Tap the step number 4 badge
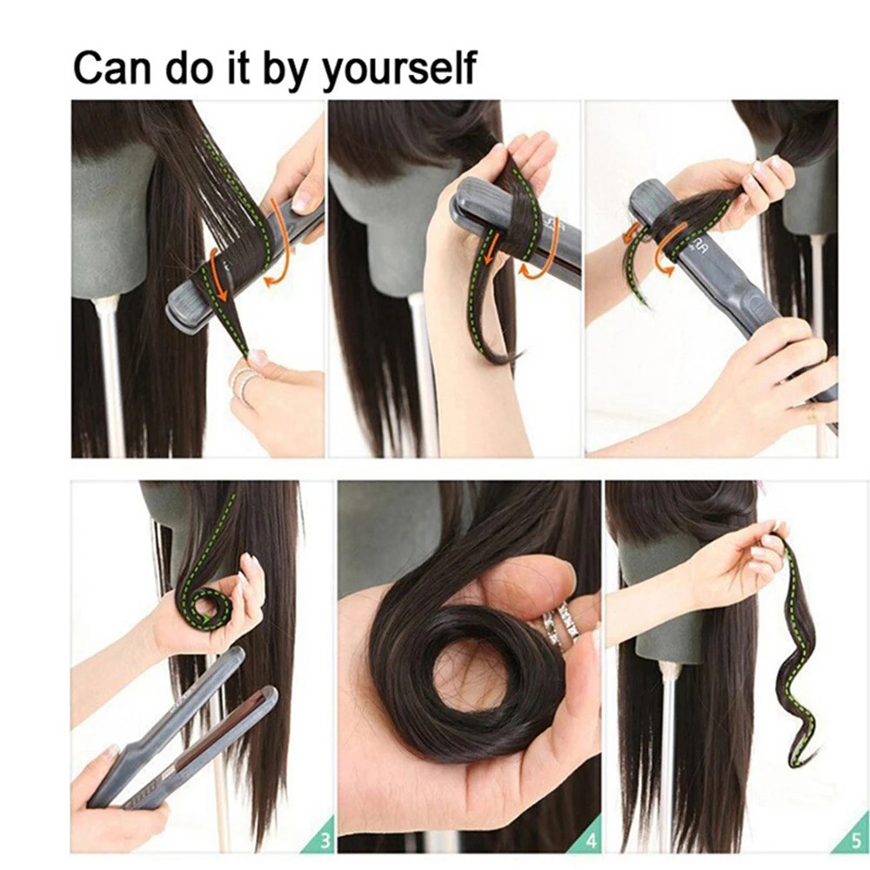pyautogui.click(x=589, y=840)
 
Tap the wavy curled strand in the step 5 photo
pyautogui.click(x=798, y=661)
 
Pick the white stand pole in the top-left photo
pyautogui.click(x=111, y=374)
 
